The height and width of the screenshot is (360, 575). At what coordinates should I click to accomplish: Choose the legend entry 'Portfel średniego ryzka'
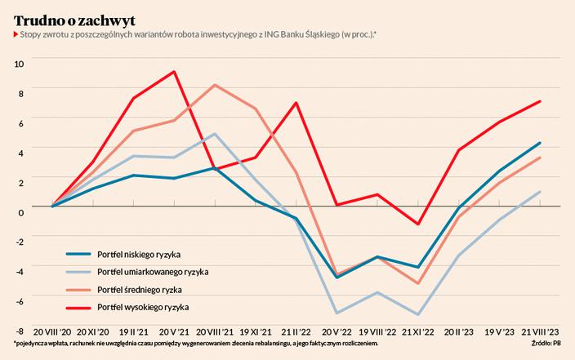tap(140, 289)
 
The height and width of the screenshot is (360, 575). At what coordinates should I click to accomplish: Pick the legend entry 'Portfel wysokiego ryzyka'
tap(143, 307)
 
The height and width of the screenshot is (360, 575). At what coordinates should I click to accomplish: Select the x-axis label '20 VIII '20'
tap(52, 333)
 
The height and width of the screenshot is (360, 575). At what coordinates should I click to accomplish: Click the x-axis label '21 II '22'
tap(296, 333)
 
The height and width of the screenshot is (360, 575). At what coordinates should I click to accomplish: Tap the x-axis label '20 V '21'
tap(174, 333)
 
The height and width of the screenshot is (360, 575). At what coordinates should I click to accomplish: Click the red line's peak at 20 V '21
tap(174, 72)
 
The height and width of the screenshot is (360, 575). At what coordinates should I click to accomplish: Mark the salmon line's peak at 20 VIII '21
tap(215, 85)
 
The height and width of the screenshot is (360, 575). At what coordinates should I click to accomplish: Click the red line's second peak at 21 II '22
tap(296, 103)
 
